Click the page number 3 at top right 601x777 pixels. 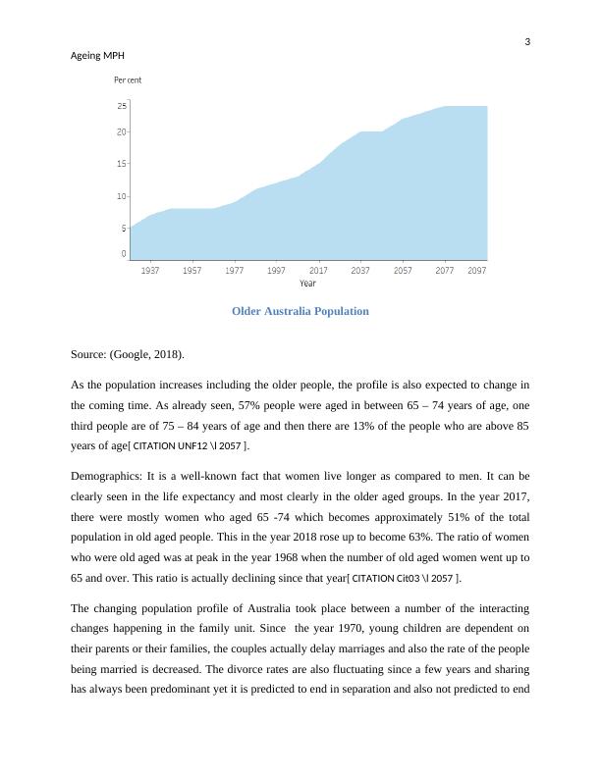coord(527,42)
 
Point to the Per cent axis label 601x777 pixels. coord(128,79)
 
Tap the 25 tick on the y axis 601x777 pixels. coord(122,105)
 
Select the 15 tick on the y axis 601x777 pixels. coord(122,164)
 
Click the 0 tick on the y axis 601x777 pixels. coord(124,254)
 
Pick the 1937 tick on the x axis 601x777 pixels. coord(151,270)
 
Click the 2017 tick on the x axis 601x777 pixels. coord(319,270)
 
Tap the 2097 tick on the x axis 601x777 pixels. coord(477,270)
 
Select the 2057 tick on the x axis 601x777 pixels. coord(403,270)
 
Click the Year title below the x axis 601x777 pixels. coord(307,284)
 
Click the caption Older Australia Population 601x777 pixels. coord(300,311)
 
